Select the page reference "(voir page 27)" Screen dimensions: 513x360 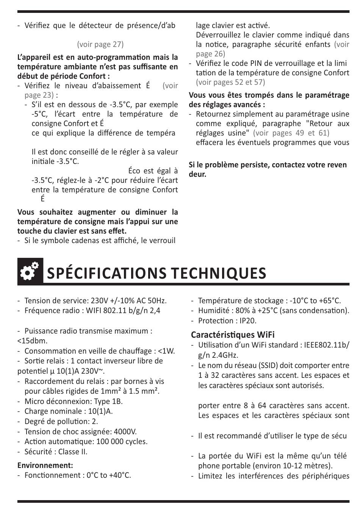click(x=100, y=44)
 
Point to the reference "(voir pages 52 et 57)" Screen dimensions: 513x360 click(x=230, y=82)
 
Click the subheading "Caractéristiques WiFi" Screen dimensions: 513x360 click(x=233, y=335)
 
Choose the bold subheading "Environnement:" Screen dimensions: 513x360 click(x=45, y=465)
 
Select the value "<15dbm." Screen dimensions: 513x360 click(x=33, y=341)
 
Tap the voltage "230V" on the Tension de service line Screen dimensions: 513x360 click(x=99, y=301)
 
